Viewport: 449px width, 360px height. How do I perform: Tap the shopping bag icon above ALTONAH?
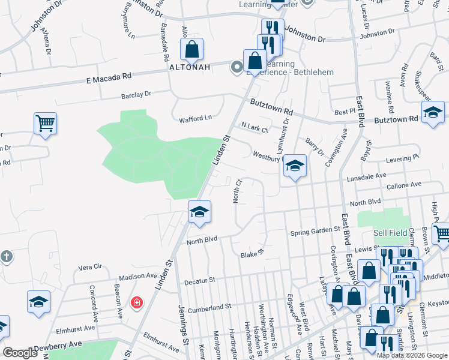[191, 50]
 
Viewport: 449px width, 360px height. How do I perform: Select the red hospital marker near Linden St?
[137, 301]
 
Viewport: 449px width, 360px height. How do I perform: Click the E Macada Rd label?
[109, 77]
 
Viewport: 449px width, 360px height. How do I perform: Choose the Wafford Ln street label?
[196, 119]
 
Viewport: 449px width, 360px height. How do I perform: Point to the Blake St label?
[253, 254]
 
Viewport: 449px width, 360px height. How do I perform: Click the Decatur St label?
[199, 280]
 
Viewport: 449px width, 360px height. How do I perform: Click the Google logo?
[20, 353]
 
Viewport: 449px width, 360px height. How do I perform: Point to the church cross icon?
[5, 256]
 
